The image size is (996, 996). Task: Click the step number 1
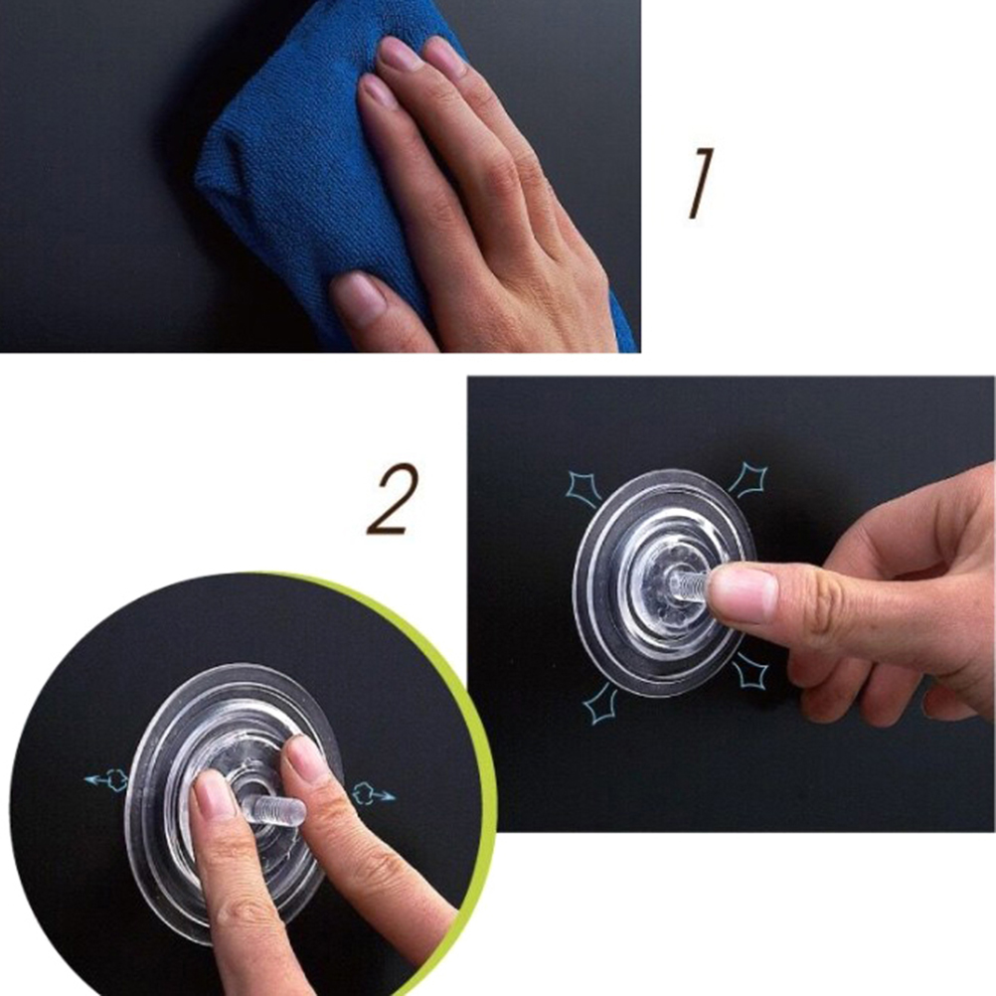point(700,183)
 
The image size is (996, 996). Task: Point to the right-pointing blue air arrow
point(374,794)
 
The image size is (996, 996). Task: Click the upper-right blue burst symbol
point(748,479)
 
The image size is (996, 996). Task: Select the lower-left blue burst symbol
point(600,705)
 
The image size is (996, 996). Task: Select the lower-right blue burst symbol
point(750,673)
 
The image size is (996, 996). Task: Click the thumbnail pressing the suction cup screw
point(744,593)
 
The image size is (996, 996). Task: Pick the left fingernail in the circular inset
point(213,798)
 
